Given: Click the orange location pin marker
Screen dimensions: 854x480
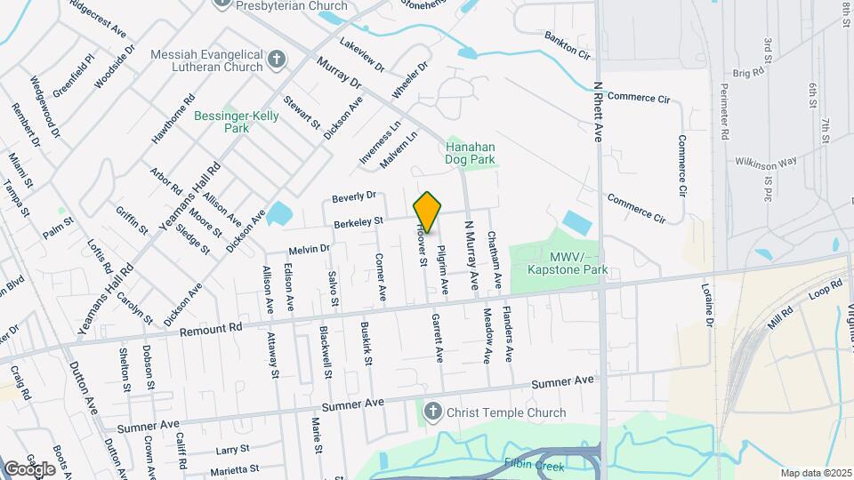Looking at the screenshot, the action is tap(427, 213).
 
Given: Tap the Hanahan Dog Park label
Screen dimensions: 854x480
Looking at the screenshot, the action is tap(470, 153).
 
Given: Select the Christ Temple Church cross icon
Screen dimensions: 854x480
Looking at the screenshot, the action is tap(432, 412).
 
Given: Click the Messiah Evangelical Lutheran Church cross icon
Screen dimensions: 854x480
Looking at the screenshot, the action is tap(277, 60).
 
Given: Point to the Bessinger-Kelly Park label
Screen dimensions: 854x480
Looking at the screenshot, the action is tap(237, 122).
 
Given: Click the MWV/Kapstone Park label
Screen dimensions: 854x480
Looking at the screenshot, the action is tap(579, 262).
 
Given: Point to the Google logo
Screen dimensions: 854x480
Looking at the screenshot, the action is tap(29, 468).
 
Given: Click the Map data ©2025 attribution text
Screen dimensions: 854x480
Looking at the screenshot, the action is tap(815, 473).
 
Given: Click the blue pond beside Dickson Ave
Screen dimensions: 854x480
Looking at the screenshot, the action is tap(279, 213).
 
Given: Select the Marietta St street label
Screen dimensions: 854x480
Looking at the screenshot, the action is tap(234, 468).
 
